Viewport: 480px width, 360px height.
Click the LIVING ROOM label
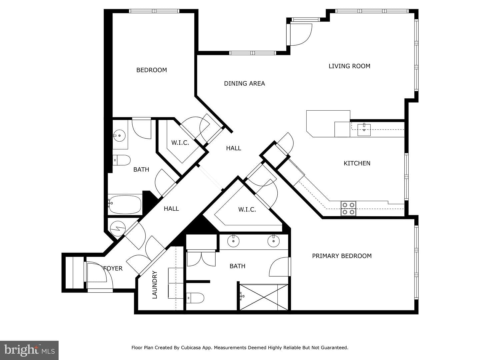(x=349, y=66)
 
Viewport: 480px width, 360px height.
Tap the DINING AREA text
(x=244, y=83)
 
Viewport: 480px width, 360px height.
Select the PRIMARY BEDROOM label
(x=342, y=256)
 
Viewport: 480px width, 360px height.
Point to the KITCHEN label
(x=357, y=163)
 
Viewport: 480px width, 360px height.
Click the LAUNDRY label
(x=155, y=285)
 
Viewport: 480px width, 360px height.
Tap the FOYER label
(x=113, y=268)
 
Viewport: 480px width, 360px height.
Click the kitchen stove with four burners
(x=348, y=208)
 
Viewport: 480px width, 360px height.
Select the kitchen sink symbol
(x=364, y=130)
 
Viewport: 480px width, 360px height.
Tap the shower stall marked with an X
(x=264, y=297)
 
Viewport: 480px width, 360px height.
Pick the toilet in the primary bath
(x=195, y=298)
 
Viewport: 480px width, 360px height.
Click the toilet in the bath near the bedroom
(x=121, y=160)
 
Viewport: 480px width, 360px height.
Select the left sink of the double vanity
(x=233, y=241)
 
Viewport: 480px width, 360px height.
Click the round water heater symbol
(x=118, y=229)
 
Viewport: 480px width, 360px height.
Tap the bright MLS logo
(x=29, y=350)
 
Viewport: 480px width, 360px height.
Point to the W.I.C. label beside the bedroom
(x=180, y=143)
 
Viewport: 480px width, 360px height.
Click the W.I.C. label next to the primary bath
(x=247, y=210)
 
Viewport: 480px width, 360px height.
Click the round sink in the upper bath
(x=119, y=136)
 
